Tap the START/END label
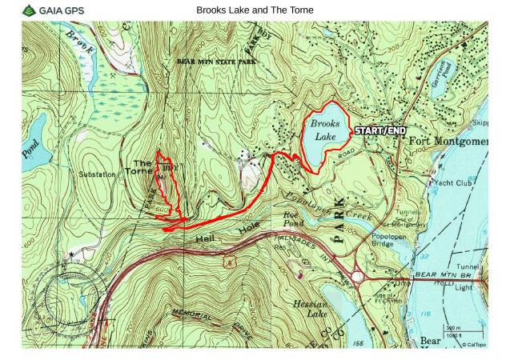[x=379, y=130]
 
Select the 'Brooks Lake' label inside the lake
[x=325, y=130]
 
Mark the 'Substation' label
[x=98, y=173]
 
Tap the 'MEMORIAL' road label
[x=191, y=310]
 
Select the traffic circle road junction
[x=358, y=277]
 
